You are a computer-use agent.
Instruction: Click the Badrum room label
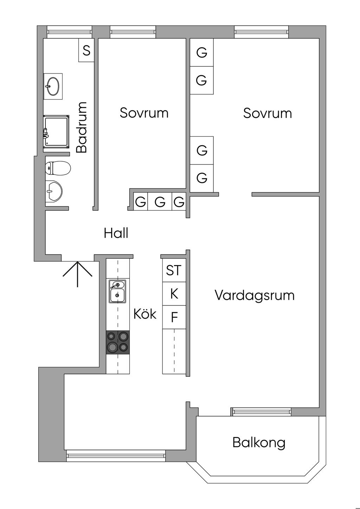[82, 127]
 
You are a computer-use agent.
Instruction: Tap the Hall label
[116, 233]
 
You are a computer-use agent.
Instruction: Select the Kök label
[144, 314]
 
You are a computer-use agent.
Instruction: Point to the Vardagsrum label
[255, 295]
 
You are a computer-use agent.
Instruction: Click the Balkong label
[259, 443]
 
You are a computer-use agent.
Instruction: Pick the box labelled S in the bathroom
[86, 51]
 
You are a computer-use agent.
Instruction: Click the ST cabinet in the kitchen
[174, 270]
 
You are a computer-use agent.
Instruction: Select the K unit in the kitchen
[174, 294]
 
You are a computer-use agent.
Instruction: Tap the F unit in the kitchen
[174, 317]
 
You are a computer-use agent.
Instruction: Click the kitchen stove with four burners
[118, 342]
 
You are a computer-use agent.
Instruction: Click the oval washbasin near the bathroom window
[53, 86]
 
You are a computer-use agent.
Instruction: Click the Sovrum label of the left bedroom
[144, 113]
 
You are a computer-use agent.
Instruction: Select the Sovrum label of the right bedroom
[267, 113]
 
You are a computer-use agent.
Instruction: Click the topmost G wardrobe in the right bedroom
[202, 52]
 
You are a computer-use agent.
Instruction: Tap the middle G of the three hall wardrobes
[160, 202]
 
